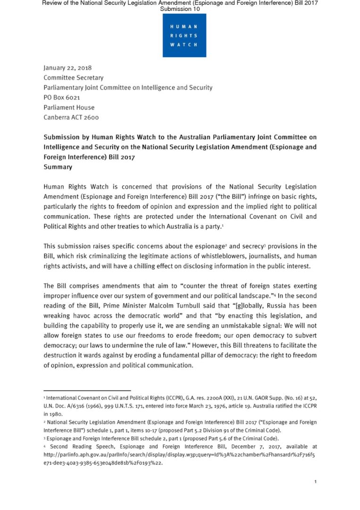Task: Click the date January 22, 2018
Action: (67, 68)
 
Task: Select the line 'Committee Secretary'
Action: (73, 77)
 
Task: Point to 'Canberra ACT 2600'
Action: (71, 117)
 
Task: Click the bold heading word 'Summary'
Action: (58, 167)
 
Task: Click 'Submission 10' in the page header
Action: (180, 9)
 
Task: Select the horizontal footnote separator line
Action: (87, 391)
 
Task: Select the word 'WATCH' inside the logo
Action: (184, 44)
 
